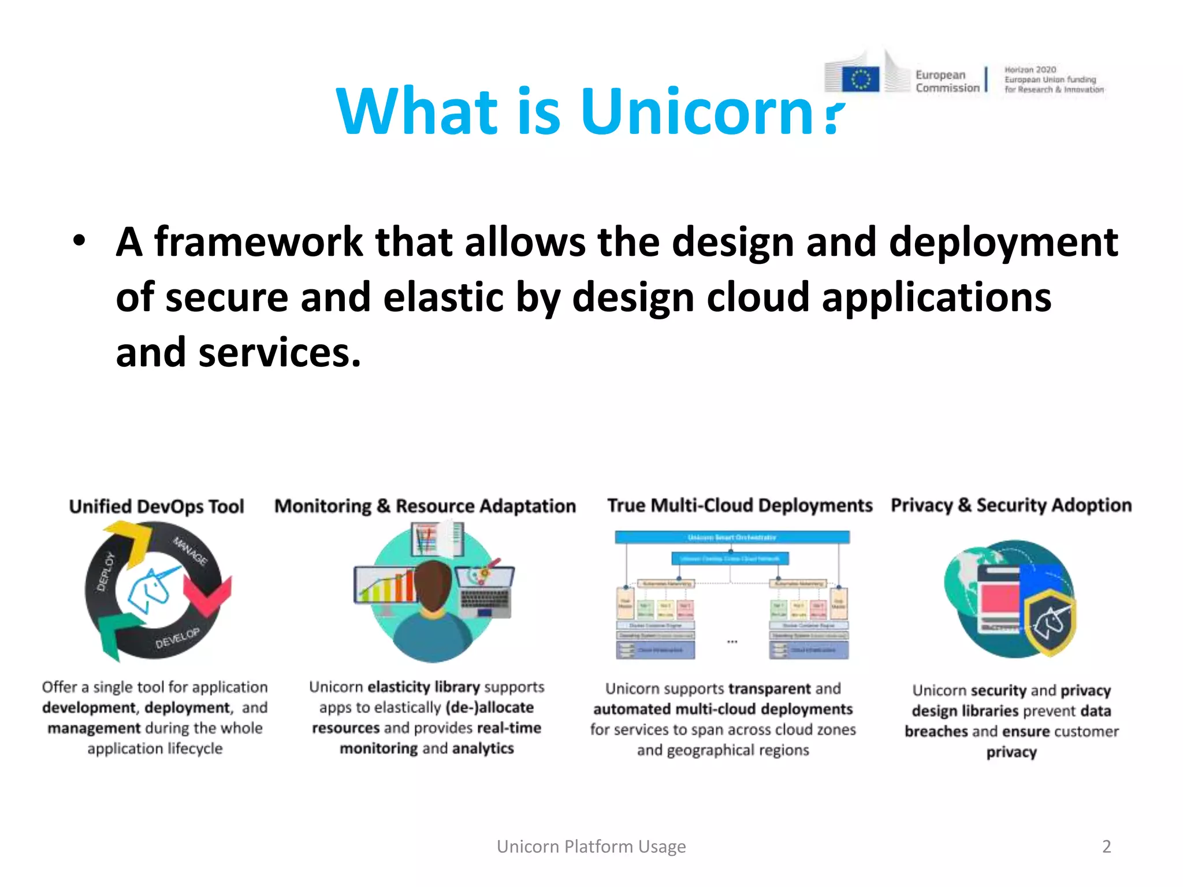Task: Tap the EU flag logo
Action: [x=860, y=79]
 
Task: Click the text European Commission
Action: [x=947, y=81]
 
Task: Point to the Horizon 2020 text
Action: [x=1030, y=70]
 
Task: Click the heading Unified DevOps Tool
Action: [x=157, y=506]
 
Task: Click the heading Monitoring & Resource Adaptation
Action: [x=425, y=506]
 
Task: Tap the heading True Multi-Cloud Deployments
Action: [x=739, y=505]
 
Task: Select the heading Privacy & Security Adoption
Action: [x=1011, y=505]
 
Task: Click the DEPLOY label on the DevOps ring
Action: [x=105, y=572]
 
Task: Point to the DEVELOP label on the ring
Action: [x=177, y=638]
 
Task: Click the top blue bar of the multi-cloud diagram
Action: [x=732, y=538]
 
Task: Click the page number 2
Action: [x=1106, y=847]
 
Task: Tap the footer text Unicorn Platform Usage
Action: [x=591, y=847]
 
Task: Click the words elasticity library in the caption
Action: [x=423, y=687]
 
